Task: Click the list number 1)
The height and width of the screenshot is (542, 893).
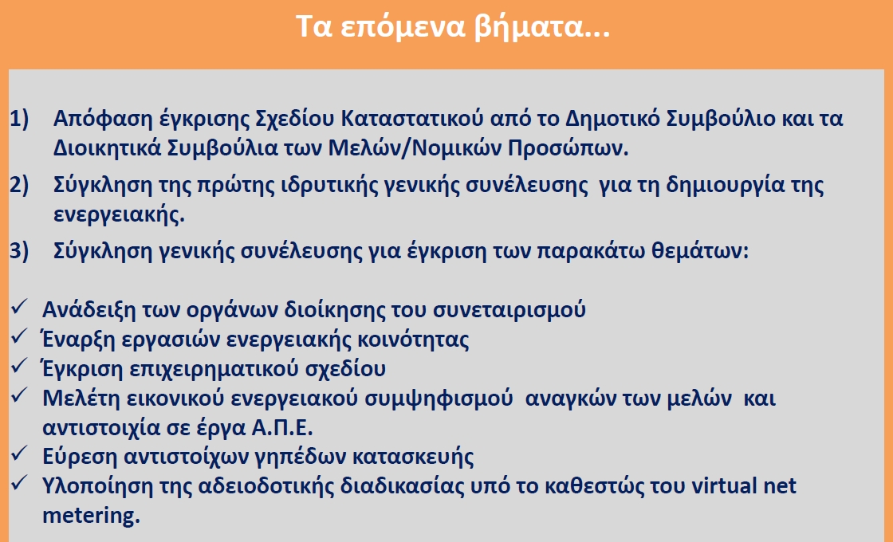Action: (19, 119)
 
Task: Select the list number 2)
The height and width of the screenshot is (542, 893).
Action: (19, 185)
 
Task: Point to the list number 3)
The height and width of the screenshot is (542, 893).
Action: (19, 250)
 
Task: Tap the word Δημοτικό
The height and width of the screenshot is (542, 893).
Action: (612, 119)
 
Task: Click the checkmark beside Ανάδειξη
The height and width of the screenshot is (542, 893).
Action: (19, 308)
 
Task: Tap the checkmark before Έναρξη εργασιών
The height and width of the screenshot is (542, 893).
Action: (19, 337)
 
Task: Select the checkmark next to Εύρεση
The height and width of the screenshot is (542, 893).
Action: (19, 454)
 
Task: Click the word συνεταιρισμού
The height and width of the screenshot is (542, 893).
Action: (509, 310)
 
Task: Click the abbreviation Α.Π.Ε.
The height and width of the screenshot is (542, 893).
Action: (282, 427)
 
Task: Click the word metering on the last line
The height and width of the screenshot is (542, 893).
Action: (91, 515)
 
